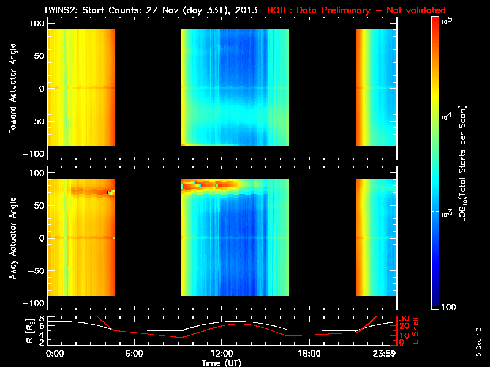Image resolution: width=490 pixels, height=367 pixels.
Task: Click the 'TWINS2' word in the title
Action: point(59,10)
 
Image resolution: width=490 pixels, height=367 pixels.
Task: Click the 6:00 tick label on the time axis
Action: point(134,354)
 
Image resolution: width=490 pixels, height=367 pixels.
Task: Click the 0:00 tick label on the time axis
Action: point(55,354)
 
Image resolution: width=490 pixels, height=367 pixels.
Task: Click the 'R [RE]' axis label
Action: point(12,331)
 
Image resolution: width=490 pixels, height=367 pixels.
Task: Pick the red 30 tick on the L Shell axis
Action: point(404,319)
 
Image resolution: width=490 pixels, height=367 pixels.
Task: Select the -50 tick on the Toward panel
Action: point(34,122)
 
